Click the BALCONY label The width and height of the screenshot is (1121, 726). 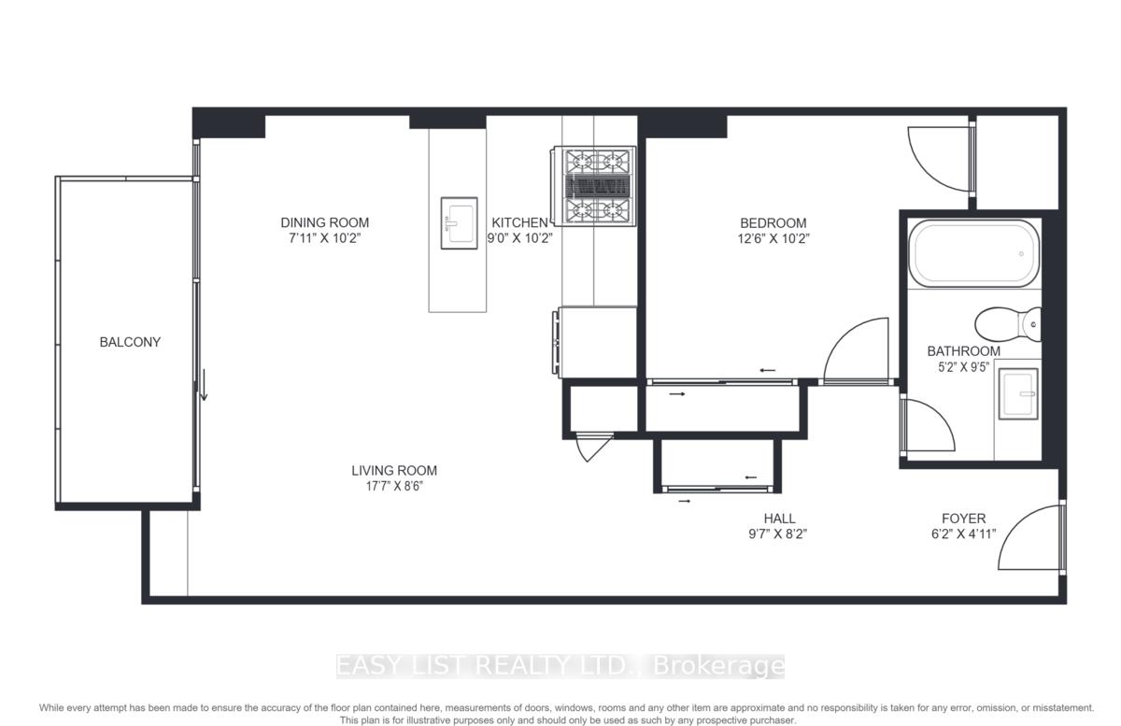(130, 342)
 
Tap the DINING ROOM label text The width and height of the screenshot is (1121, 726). (325, 222)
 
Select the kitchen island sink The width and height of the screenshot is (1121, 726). (459, 222)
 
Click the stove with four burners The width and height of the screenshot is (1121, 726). (594, 186)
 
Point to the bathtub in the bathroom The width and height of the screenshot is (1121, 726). (973, 253)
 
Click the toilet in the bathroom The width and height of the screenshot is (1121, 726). (1008, 324)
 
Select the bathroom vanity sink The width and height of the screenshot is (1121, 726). (1018, 394)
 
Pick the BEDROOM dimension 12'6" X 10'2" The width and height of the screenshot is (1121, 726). (773, 239)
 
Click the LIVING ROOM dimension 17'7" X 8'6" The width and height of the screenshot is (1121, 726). (394, 486)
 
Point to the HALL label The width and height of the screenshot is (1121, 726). (779, 519)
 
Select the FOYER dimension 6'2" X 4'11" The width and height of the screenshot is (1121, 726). (963, 534)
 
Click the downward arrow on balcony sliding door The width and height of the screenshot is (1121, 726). (204, 385)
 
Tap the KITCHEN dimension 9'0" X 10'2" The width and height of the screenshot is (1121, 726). (520, 238)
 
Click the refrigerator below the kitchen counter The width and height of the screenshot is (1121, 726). (596, 343)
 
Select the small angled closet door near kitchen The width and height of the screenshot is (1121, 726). (594, 447)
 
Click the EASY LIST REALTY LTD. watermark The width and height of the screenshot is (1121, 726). (560, 666)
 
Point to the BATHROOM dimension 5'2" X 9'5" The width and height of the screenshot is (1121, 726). (963, 367)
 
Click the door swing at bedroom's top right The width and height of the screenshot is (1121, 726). (940, 159)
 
